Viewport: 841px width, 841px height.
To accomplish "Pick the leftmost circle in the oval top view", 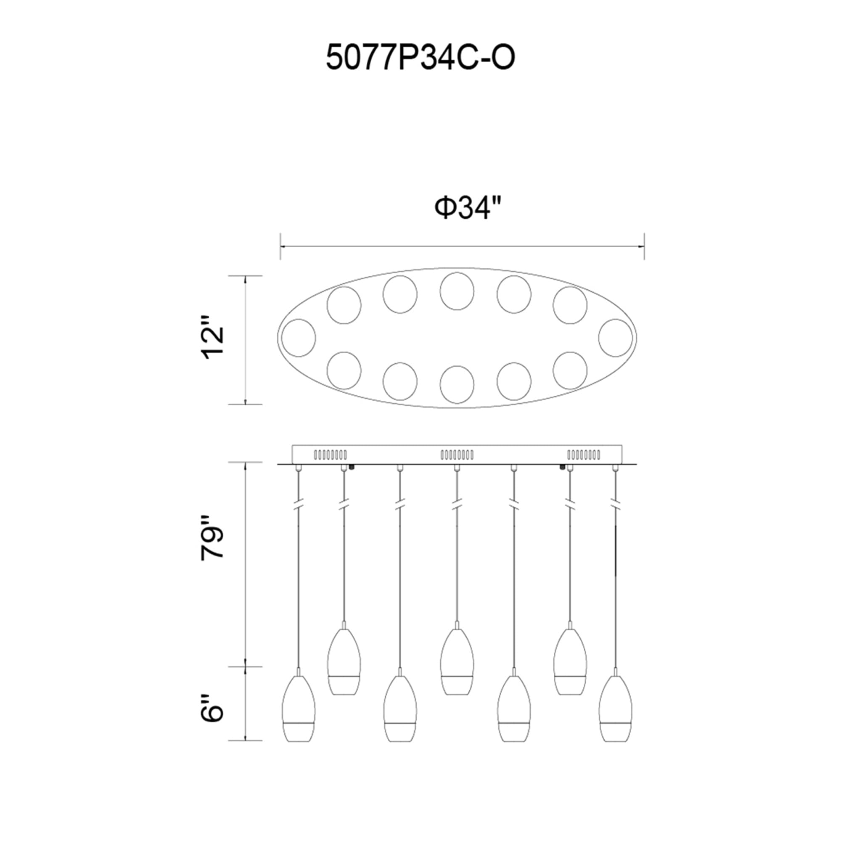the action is click(x=299, y=338).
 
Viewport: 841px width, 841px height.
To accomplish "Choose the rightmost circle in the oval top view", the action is click(x=615, y=338).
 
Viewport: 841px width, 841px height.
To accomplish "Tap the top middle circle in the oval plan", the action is click(x=457, y=291).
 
